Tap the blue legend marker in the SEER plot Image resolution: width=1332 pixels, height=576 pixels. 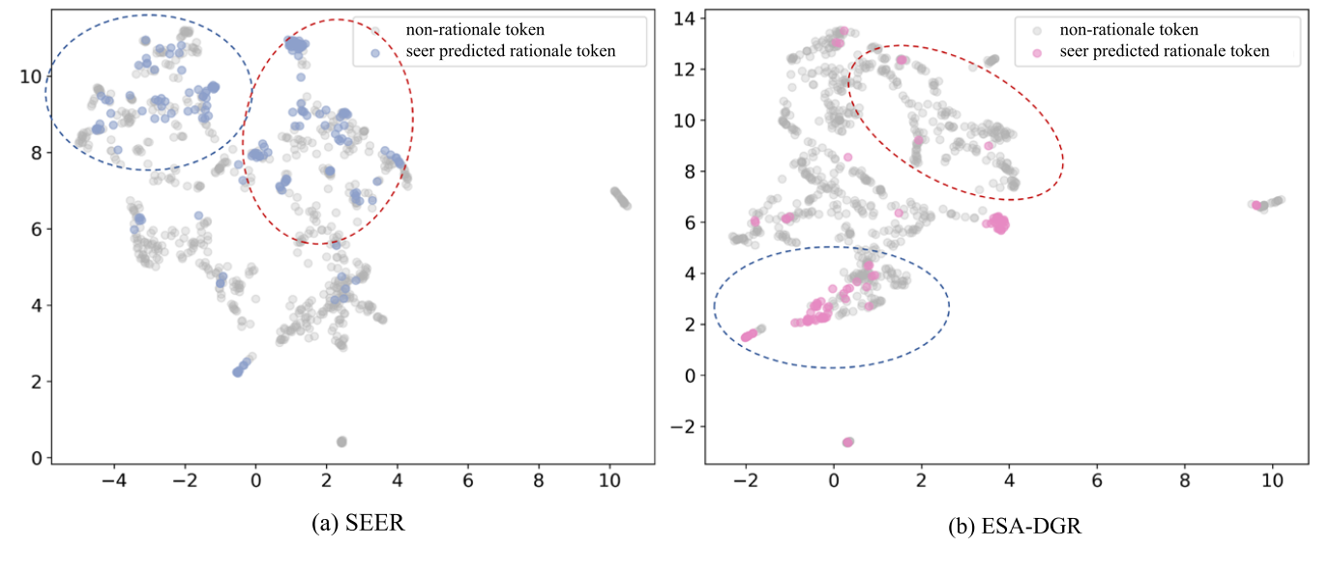coord(374,51)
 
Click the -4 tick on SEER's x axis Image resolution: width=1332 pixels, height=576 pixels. coord(114,478)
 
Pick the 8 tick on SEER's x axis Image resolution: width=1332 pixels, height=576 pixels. coord(539,478)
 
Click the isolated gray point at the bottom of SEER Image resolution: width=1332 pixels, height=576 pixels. coord(341,442)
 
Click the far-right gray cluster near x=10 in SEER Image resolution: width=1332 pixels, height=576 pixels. coord(619,198)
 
